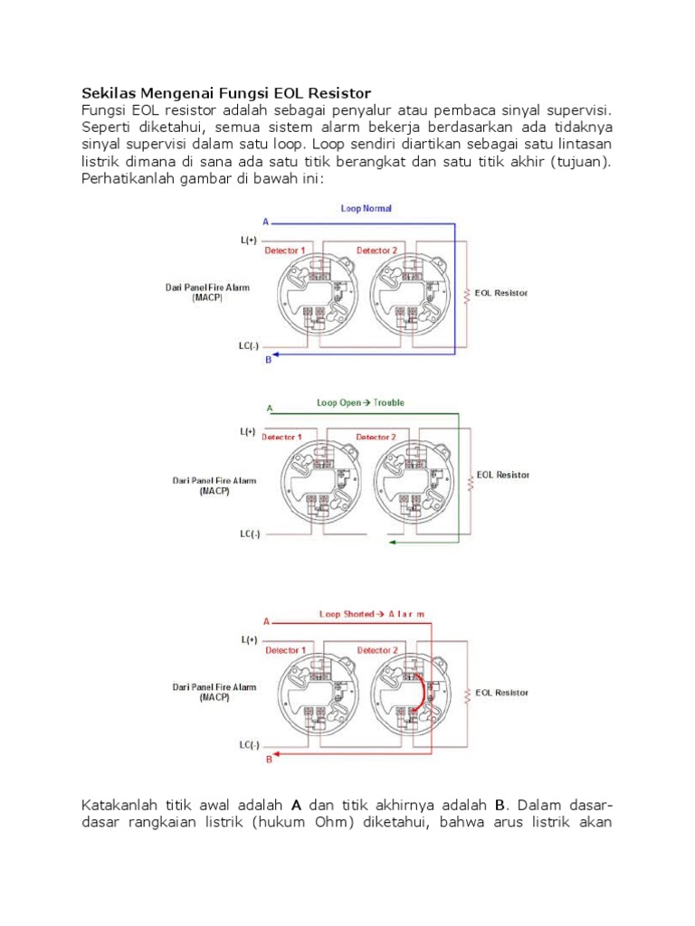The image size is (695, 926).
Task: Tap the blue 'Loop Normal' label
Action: [x=366, y=208]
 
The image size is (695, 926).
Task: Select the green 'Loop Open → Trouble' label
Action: [x=360, y=402]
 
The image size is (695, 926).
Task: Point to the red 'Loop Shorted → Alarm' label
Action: [x=371, y=614]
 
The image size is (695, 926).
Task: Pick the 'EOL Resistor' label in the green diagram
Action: [x=502, y=475]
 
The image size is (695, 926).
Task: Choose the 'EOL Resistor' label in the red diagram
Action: [x=502, y=693]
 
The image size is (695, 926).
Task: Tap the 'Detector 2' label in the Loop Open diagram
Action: [x=376, y=437]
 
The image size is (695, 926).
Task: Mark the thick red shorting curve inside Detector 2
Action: [x=421, y=692]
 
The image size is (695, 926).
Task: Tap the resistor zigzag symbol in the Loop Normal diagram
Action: [x=467, y=295]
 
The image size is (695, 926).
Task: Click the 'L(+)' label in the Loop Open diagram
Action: [x=248, y=431]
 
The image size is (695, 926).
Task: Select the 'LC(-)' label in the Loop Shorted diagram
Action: [x=249, y=745]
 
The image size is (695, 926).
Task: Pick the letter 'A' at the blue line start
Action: [x=265, y=222]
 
